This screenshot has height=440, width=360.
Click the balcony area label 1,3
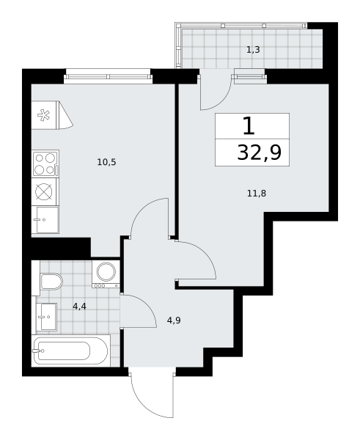click(253, 50)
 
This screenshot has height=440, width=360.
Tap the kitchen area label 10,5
click(106, 162)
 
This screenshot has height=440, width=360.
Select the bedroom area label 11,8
click(257, 194)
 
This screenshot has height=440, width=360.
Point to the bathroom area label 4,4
click(79, 307)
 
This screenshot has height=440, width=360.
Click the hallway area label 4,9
click(174, 320)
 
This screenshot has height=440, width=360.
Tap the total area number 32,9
click(260, 153)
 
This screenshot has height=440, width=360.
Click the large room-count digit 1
click(249, 126)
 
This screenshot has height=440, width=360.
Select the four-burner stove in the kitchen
click(45, 164)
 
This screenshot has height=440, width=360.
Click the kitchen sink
click(45, 220)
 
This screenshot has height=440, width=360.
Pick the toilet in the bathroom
click(51, 282)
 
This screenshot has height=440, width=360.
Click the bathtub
click(70, 351)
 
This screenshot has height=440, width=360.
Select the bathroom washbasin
click(47, 317)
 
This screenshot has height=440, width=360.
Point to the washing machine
click(106, 274)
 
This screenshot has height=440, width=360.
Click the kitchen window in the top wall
click(108, 76)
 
